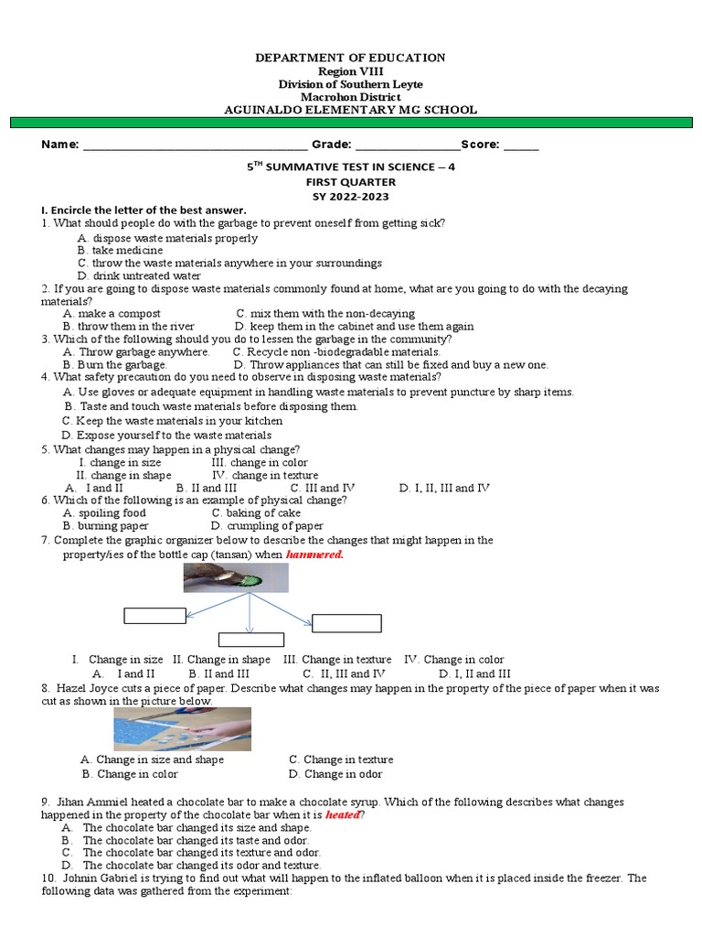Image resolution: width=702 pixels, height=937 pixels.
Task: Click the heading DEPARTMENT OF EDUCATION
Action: pyautogui.click(x=351, y=58)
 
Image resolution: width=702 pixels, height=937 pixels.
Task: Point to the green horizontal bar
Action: pyautogui.click(x=351, y=123)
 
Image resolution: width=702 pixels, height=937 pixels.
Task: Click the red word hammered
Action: pyautogui.click(x=314, y=555)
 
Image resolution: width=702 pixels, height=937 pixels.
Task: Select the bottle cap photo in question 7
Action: pyautogui.click(x=236, y=577)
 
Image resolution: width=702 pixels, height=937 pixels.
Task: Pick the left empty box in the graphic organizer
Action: pyautogui.click(x=154, y=615)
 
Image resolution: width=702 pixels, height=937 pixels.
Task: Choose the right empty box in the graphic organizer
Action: pyautogui.click(x=346, y=623)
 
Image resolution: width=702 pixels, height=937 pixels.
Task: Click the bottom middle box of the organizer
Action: pyautogui.click(x=250, y=640)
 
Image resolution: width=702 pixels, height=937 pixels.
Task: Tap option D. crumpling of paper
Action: pyautogui.click(x=267, y=526)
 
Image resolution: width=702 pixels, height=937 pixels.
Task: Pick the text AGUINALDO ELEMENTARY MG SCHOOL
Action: pyautogui.click(x=351, y=110)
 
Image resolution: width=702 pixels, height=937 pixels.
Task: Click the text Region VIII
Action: pyautogui.click(x=351, y=71)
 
